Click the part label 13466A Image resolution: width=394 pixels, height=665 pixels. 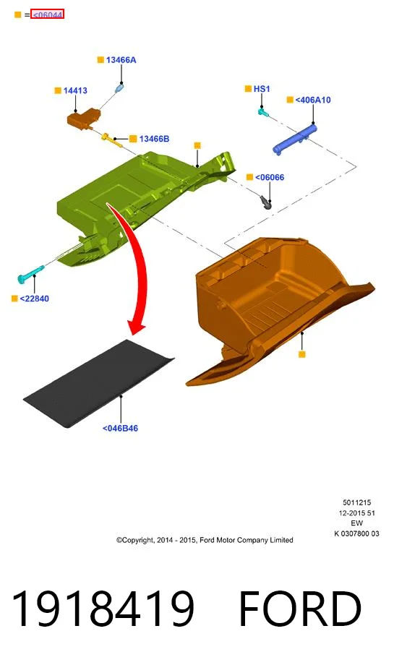pos(121,60)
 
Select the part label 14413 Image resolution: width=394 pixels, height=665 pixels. pos(75,91)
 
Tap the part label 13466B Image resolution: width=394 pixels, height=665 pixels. pos(154,139)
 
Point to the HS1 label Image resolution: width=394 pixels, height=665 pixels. pos(262,89)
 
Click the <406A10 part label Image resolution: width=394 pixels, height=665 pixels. pos(313,100)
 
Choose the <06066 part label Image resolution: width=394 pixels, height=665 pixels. pos(270,177)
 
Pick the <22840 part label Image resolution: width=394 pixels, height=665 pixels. pos(35,299)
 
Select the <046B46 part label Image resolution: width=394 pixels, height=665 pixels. pos(121,429)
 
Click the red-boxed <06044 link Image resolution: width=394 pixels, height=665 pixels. pos(47,14)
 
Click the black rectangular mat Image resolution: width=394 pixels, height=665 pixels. pos(98,382)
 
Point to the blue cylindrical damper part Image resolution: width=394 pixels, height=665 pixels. pos(295,139)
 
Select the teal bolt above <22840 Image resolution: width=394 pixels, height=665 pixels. pos(30,273)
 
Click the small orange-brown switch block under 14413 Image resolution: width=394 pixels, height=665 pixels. pos(84,118)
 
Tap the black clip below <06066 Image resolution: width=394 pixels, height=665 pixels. pos(266,202)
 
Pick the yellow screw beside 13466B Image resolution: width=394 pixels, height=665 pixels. pos(111,140)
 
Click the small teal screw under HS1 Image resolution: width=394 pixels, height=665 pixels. pos(263,112)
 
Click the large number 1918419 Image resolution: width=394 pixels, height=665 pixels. pos(103,608)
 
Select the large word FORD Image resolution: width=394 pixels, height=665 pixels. pos(300,608)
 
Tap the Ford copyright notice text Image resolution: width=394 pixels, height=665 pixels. pos(205,541)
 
